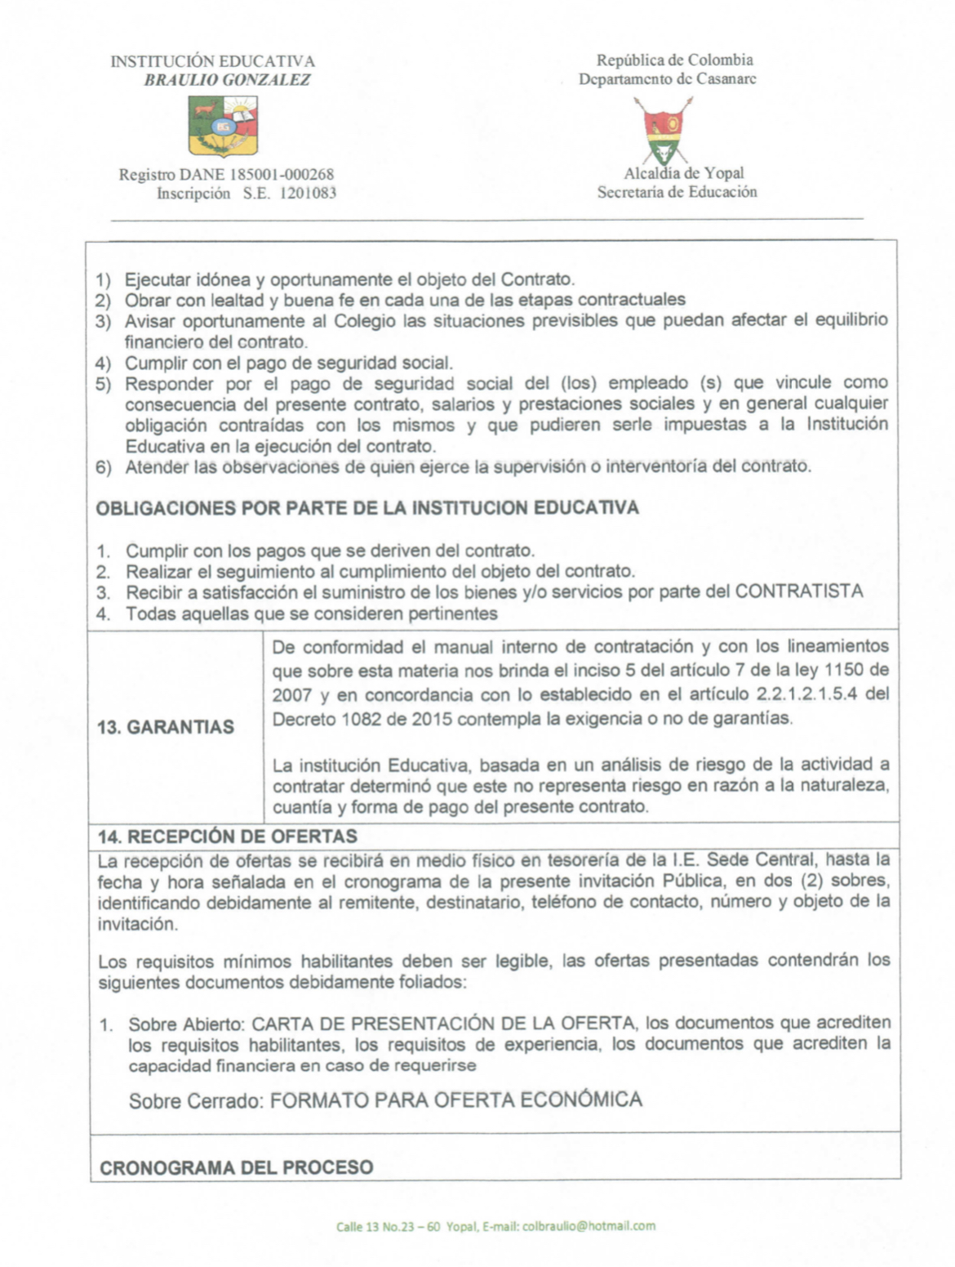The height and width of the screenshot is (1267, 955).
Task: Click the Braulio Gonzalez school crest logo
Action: point(223,125)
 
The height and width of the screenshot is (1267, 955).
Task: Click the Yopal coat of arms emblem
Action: point(664,129)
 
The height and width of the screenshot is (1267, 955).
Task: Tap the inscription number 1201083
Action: point(308,194)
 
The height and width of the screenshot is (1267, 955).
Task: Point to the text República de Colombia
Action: point(674,60)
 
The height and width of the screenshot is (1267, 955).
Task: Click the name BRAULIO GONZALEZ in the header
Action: point(227,80)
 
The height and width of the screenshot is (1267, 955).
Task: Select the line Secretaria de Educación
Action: point(677,193)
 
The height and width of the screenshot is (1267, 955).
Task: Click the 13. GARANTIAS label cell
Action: point(166,726)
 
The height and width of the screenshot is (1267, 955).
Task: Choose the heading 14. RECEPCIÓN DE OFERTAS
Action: point(228,836)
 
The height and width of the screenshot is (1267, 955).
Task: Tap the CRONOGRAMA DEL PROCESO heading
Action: point(236,1167)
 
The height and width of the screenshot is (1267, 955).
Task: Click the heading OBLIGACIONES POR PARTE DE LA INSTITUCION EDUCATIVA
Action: point(367,508)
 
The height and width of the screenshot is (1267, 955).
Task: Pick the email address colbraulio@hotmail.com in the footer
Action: point(589,1226)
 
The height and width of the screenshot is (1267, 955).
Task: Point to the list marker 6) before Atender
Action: point(103,467)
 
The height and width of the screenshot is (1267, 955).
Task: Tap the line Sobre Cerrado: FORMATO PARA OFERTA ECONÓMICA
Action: point(385,1100)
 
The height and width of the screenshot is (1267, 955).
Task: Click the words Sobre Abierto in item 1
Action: point(185,1024)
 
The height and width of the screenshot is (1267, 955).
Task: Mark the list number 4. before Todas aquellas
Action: point(103,613)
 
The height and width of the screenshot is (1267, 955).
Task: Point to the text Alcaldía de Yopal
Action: point(683,173)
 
